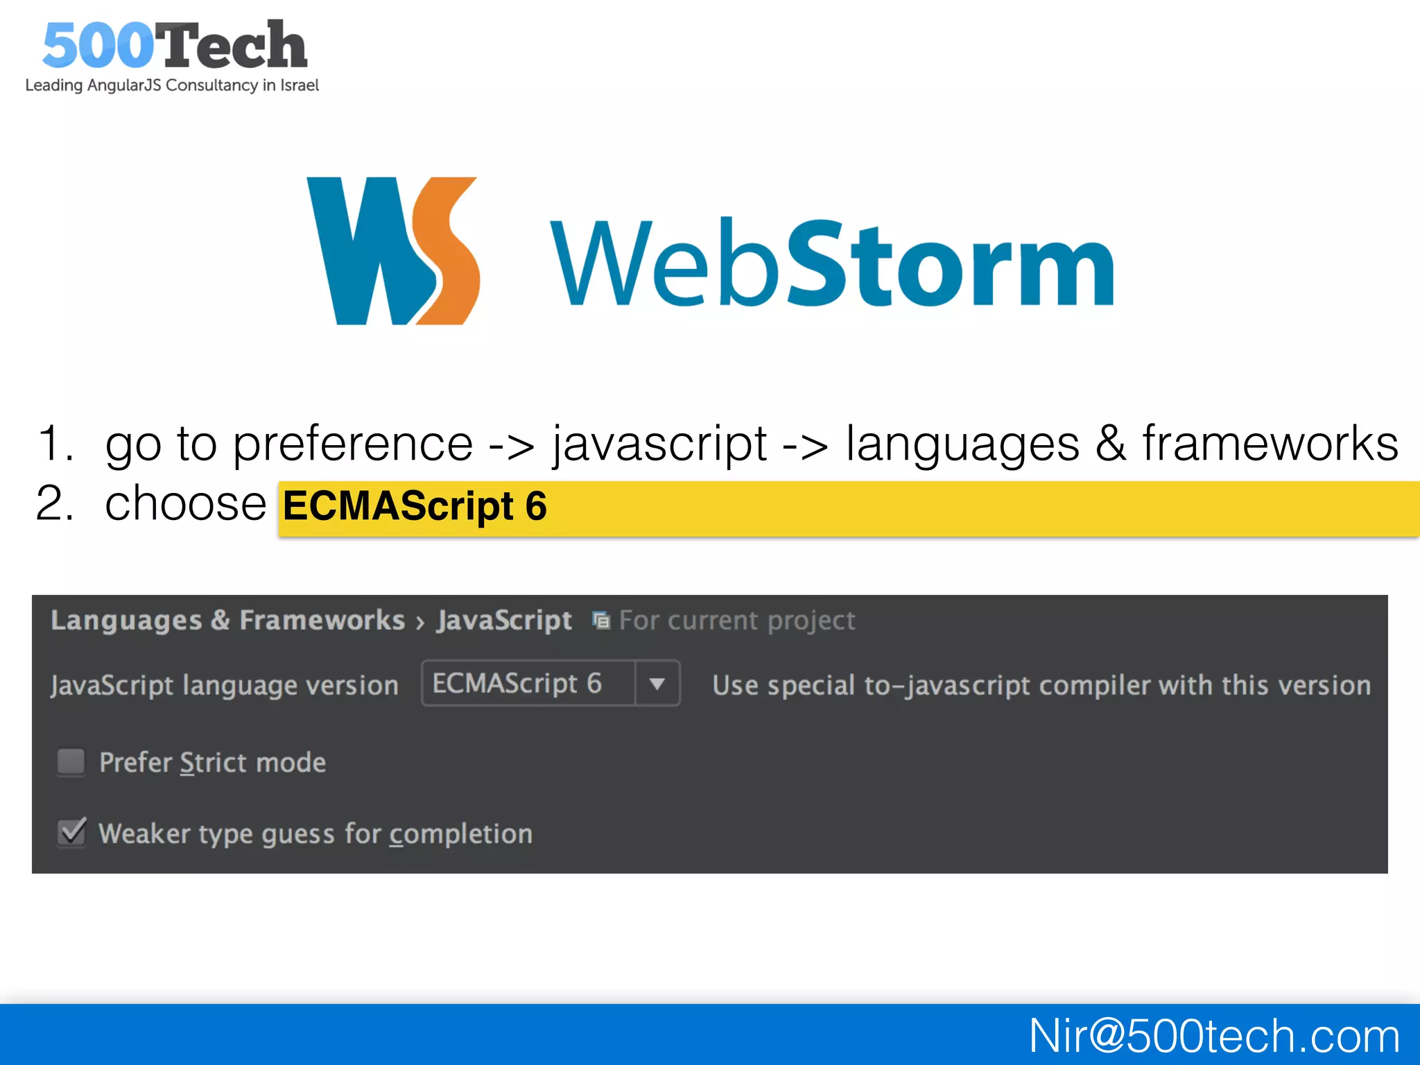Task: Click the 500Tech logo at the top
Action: point(173,45)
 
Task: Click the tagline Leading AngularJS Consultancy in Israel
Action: point(172,85)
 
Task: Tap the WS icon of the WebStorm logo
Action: point(393,251)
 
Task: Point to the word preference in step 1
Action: point(352,444)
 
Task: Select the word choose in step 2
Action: point(185,503)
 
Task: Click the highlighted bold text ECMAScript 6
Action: point(415,506)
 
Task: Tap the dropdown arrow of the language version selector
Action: point(657,684)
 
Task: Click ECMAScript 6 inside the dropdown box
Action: point(517,684)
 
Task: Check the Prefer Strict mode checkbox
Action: point(71,762)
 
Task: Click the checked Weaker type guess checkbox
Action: point(71,833)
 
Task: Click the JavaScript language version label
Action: point(225,686)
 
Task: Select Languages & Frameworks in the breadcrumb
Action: point(227,621)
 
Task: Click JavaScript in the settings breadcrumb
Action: point(504,621)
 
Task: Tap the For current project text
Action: point(736,621)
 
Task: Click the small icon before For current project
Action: point(601,621)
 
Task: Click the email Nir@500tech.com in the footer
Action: point(1213,1036)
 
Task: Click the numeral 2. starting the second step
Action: point(55,503)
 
